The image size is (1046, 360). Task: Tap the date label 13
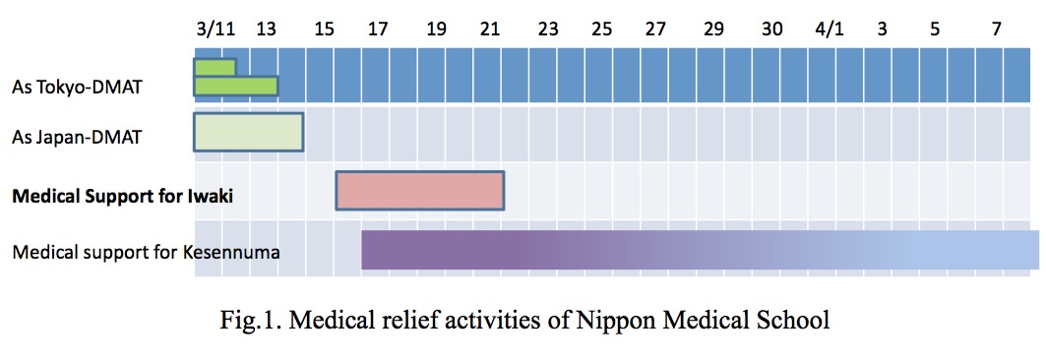pyautogui.click(x=265, y=30)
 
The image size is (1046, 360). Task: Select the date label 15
pyautogui.click(x=323, y=30)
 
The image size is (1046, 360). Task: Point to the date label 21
pyautogui.click(x=490, y=30)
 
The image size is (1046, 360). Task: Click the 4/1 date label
pyautogui.click(x=830, y=30)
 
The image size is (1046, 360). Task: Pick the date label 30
pyautogui.click(x=772, y=30)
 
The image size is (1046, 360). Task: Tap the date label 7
pyautogui.click(x=997, y=30)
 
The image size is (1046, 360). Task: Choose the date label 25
pyautogui.click(x=601, y=30)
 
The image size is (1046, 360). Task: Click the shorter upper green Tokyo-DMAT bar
pyautogui.click(x=215, y=67)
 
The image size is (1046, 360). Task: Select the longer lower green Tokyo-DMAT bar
pyautogui.click(x=236, y=87)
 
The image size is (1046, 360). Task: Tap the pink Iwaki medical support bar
pyautogui.click(x=420, y=190)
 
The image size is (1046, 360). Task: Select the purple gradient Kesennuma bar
pyautogui.click(x=699, y=249)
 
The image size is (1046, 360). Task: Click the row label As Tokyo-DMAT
pyautogui.click(x=78, y=89)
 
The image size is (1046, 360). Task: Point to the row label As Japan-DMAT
pyautogui.click(x=77, y=137)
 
